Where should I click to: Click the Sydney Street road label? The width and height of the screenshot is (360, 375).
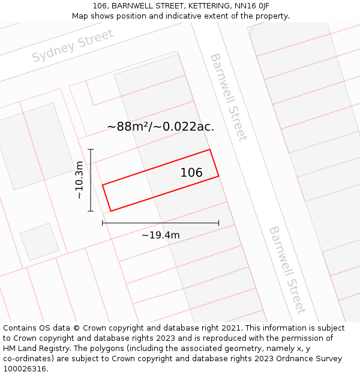[73, 46]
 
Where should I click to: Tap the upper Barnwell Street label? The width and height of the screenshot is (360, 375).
[228, 97]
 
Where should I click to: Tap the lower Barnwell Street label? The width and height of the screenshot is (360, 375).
[286, 269]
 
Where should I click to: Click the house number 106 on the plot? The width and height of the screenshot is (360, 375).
[191, 173]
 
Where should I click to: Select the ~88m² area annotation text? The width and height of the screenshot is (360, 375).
[160, 127]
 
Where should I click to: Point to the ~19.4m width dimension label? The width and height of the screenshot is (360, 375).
[160, 235]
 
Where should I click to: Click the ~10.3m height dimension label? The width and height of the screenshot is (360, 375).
[79, 180]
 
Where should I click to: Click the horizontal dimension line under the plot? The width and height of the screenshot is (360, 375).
[160, 223]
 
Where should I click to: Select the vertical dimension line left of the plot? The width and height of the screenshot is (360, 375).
[91, 180]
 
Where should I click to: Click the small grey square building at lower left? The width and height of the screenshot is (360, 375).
[40, 241]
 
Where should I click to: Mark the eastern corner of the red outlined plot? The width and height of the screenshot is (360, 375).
[218, 176]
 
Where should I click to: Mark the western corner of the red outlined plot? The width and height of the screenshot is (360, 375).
[103, 185]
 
